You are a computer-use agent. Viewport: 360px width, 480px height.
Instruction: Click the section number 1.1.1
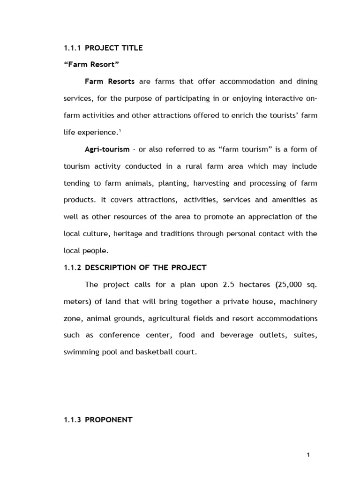[73, 48]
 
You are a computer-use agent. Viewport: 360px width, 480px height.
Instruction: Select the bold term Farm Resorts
[110, 82]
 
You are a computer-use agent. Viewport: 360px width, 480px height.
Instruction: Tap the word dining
[305, 82]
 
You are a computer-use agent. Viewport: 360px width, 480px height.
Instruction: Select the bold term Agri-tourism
[107, 149]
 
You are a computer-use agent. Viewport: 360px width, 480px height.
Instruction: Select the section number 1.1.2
[73, 268]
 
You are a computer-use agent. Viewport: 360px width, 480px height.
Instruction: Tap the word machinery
[298, 301]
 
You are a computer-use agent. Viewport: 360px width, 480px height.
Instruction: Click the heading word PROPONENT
[109, 407]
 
